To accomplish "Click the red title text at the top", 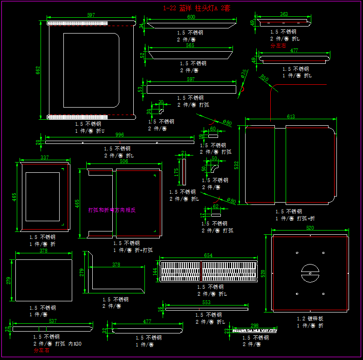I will [197, 8].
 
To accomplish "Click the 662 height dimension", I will [38, 70].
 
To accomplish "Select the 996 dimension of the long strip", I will [120, 135].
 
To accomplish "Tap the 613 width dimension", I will [291, 116].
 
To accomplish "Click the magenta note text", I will [112, 210].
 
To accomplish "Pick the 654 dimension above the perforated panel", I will [208, 255].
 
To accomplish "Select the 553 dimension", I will [206, 303].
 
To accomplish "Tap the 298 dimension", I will [254, 326].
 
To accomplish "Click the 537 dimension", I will [53, 321].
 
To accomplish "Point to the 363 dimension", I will [284, 14].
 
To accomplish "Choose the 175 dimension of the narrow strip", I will [176, 172].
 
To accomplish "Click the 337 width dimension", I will [45, 157].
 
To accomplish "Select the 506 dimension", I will [124, 162].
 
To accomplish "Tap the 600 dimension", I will [191, 17].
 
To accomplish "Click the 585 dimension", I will [190, 46].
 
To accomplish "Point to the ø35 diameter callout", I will [244, 74].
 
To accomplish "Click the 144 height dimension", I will [155, 272].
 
